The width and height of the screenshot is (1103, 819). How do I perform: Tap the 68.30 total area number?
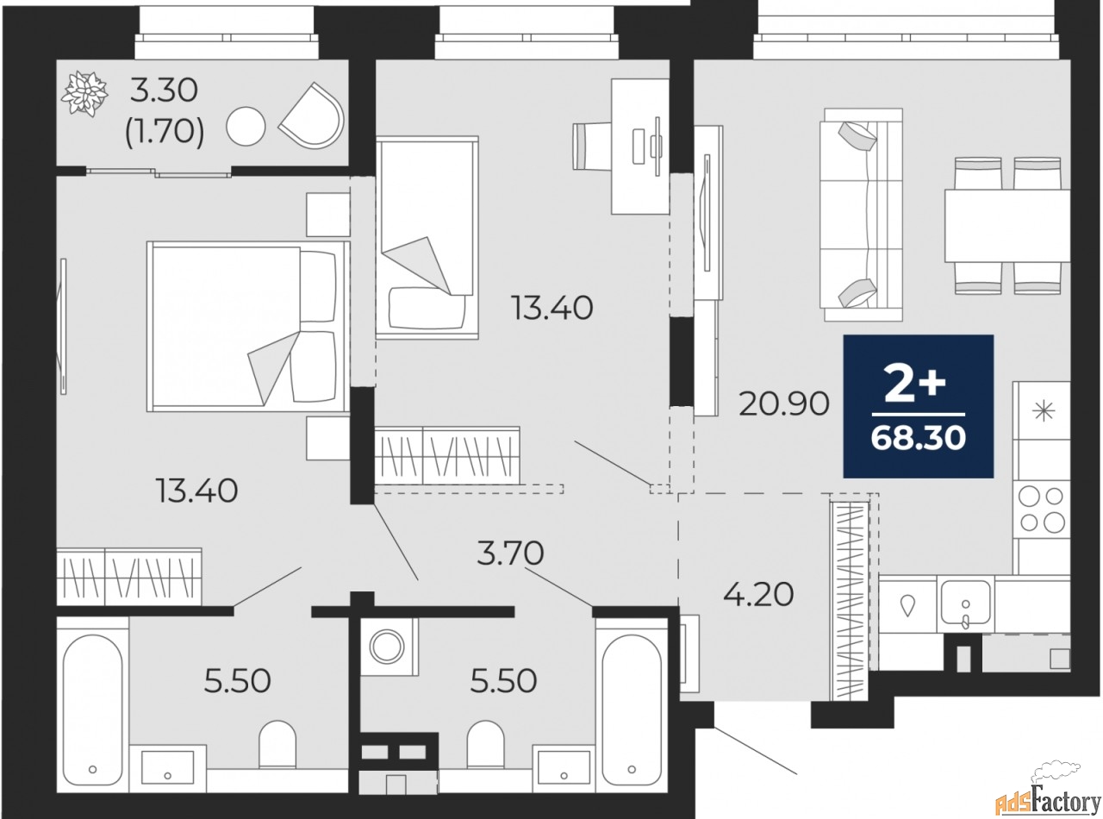919,438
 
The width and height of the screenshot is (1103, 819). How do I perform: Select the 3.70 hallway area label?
510,553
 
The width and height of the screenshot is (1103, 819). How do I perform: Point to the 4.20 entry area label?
758,595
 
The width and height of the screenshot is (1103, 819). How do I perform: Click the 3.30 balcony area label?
164,91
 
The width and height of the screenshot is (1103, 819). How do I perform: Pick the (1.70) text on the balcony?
165,133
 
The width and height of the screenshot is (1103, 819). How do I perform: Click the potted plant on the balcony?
84,95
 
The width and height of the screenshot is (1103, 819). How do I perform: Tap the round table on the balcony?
246,127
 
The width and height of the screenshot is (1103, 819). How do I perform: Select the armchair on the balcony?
312,116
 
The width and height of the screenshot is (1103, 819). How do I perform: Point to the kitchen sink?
965,604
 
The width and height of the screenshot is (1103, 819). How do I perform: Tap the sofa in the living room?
863,215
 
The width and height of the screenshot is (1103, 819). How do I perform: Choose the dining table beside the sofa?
1007,225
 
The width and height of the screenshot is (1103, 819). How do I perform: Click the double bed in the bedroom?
248,327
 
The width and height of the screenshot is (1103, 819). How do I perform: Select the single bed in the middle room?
427,238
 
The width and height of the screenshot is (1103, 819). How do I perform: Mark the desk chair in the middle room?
592,147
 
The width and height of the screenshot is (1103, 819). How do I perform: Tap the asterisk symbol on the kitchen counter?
1044,411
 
